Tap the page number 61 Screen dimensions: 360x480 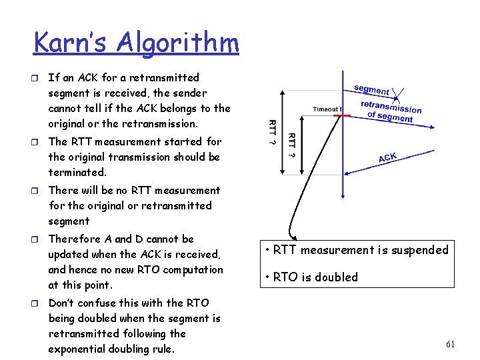tap(450, 345)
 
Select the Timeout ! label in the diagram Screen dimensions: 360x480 tap(327, 109)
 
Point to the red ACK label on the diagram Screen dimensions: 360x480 tap(388, 157)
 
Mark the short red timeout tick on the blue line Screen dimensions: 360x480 tap(342, 116)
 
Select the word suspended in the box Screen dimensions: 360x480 tap(417, 250)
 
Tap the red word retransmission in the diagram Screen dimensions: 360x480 tap(391, 107)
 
